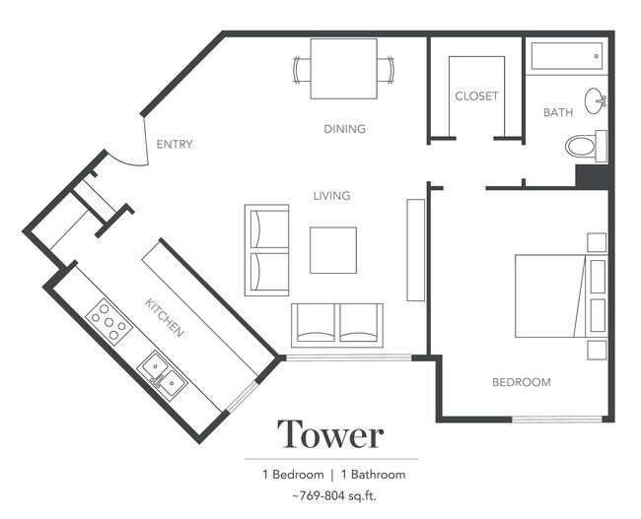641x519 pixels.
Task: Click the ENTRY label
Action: [175, 145]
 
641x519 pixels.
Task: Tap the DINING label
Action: [344, 129]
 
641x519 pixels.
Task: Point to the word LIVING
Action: [331, 196]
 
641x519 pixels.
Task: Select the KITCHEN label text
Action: [165, 317]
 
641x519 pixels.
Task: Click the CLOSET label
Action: [476, 97]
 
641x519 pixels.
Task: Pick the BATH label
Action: [558, 112]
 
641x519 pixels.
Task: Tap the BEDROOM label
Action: [522, 382]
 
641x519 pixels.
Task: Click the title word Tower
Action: [329, 433]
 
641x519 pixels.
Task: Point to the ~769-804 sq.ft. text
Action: [331, 495]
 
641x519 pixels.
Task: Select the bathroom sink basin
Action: [596, 99]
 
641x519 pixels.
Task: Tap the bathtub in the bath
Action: [565, 57]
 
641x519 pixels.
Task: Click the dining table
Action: [343, 68]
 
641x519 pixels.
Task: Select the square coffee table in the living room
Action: [333, 250]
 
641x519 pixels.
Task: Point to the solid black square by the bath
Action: [593, 176]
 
